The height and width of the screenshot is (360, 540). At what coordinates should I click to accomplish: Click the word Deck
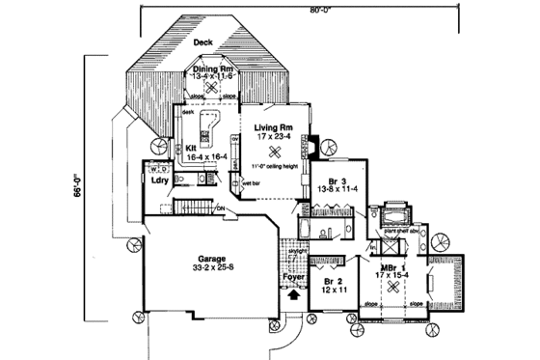(x=202, y=43)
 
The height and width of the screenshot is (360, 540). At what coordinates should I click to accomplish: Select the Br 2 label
(x=332, y=280)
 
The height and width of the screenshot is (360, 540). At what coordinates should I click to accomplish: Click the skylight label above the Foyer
(x=297, y=252)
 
